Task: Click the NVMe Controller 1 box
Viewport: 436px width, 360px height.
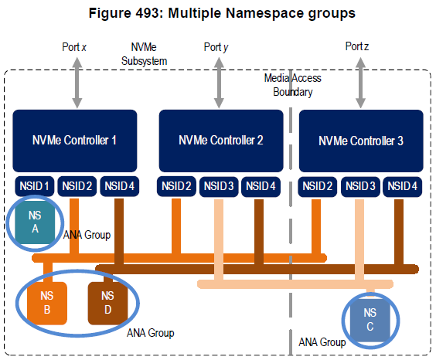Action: click(75, 141)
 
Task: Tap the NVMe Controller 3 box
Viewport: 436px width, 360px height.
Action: click(361, 141)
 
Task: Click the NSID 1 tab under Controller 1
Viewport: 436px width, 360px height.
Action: click(34, 185)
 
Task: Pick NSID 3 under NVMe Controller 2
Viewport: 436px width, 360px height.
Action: click(221, 185)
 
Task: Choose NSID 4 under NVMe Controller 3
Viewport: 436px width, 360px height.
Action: click(403, 185)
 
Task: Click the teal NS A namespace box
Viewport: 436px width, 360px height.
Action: click(34, 222)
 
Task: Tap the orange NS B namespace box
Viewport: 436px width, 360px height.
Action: click(47, 302)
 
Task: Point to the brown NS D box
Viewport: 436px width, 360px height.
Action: click(107, 302)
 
